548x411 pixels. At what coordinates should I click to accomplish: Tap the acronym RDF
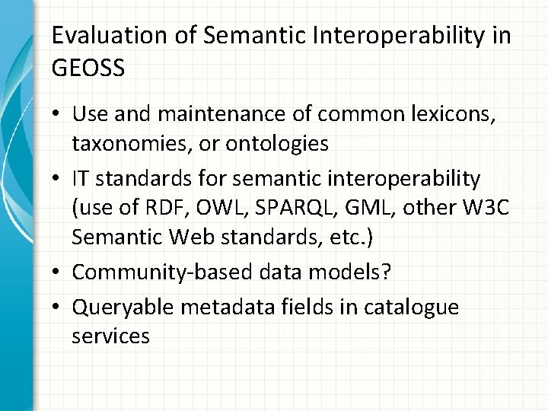[155, 206]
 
